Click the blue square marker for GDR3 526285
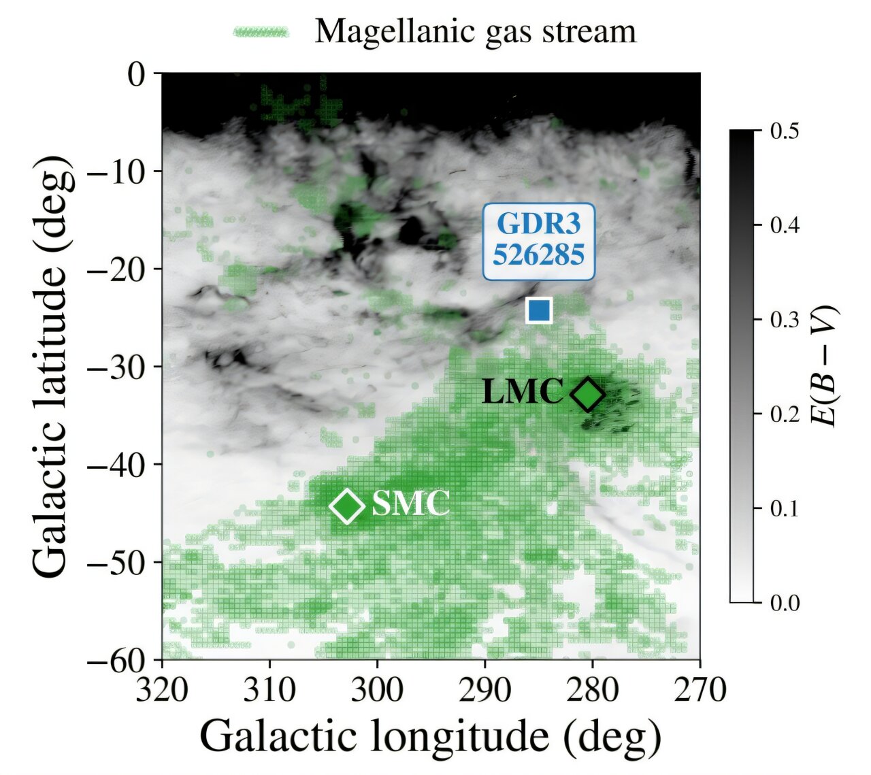pos(539,310)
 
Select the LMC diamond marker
pos(588,394)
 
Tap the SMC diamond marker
pos(348,506)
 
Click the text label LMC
pos(522,393)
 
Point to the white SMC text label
pos(411,505)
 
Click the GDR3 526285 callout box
pos(538,241)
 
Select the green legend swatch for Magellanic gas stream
pos(261,32)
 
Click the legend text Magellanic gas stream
pos(475,31)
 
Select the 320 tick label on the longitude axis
pos(161,691)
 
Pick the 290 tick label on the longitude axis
pos(484,691)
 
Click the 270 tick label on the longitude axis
pos(700,691)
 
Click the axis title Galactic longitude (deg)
pos(430,737)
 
